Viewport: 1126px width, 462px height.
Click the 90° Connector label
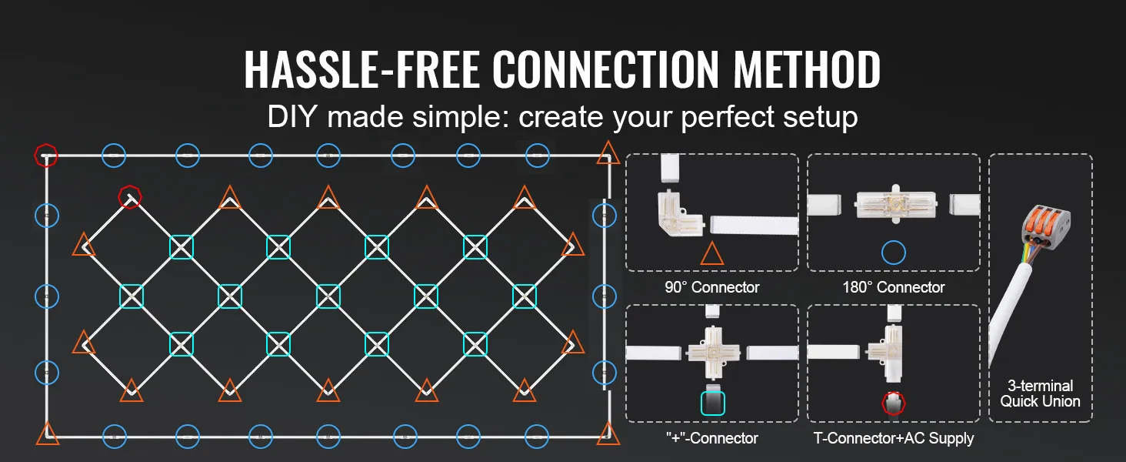pos(711,287)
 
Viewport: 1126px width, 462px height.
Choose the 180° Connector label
pos(893,287)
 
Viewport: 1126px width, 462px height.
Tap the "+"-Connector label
pos(711,438)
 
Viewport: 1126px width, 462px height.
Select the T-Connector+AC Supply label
pos(893,438)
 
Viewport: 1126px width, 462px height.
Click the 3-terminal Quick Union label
pos(1040,393)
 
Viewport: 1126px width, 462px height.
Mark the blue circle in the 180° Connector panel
pos(893,252)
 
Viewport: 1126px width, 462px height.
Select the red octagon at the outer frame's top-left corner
pos(45,155)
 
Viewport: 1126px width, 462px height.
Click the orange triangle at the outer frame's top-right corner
pos(608,153)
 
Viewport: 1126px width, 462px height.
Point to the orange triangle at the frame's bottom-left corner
pos(48,434)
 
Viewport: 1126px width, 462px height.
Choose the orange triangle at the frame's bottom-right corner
pos(608,434)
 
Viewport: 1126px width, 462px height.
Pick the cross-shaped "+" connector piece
pos(711,353)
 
